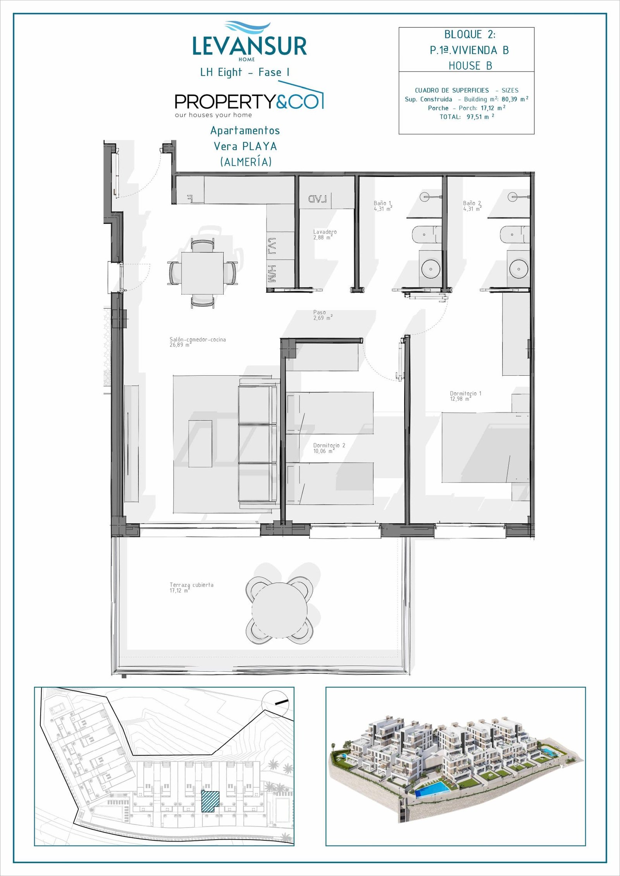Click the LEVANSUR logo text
(x=250, y=46)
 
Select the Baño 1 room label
(x=383, y=206)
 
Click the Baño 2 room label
(x=472, y=206)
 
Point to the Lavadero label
(x=325, y=235)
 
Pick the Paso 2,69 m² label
(x=323, y=315)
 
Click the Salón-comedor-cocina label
(x=198, y=342)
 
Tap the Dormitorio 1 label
(x=465, y=396)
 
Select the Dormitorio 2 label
(x=329, y=448)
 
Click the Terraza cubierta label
(x=191, y=587)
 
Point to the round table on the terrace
(x=279, y=610)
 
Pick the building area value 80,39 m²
(x=515, y=99)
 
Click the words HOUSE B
(x=470, y=66)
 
